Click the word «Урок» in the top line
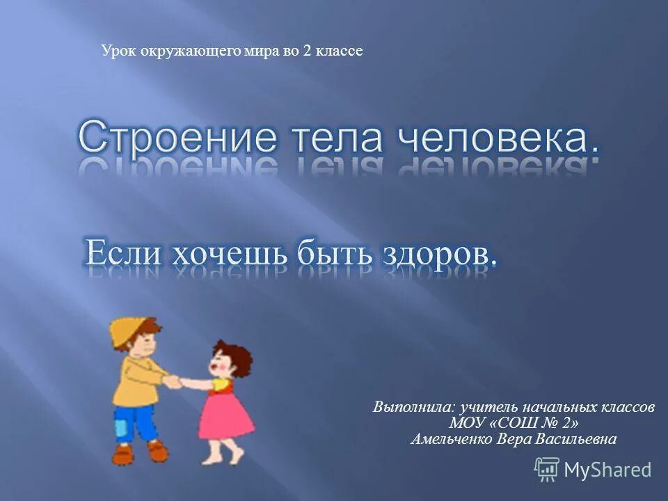(117, 51)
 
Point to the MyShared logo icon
(546, 469)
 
